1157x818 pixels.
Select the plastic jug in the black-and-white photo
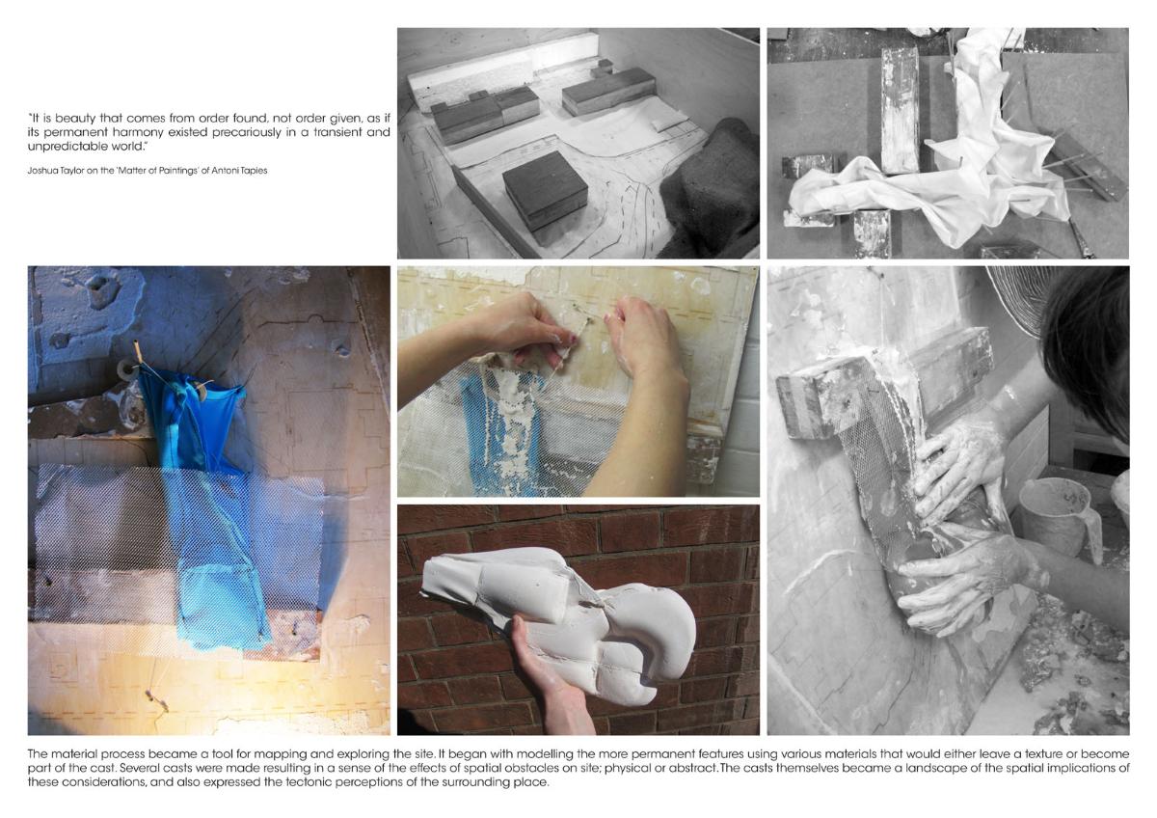pyautogui.click(x=1059, y=519)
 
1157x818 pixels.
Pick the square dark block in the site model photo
pyautogui.click(x=545, y=190)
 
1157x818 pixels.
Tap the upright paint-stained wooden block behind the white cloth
pyautogui.click(x=900, y=110)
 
